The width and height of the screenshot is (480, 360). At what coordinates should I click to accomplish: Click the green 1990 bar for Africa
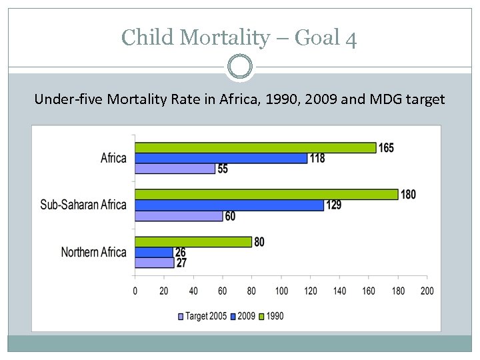(x=255, y=148)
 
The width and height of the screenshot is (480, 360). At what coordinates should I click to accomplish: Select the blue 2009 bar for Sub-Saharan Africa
(x=229, y=205)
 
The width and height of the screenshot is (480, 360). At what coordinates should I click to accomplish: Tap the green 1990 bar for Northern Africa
(x=193, y=242)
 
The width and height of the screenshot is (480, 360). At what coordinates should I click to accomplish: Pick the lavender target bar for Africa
(x=175, y=169)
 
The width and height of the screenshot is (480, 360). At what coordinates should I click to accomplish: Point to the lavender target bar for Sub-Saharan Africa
(x=179, y=216)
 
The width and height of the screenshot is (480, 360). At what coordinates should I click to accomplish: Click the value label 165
(x=386, y=148)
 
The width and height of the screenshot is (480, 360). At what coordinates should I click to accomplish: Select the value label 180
(x=408, y=195)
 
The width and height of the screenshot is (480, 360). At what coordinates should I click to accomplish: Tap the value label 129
(x=333, y=205)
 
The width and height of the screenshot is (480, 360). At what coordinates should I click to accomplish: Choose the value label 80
(x=259, y=242)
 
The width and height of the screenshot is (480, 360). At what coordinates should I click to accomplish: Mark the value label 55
(x=223, y=169)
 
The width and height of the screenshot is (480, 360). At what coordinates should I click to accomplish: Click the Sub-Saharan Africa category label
(x=83, y=205)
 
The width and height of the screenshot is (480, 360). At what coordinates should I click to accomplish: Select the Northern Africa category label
(x=93, y=252)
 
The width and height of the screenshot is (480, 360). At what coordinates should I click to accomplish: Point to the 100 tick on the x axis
(x=281, y=291)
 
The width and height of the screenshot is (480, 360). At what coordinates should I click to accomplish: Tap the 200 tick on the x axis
(x=427, y=291)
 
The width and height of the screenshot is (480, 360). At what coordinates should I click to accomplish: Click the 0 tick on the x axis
(x=135, y=291)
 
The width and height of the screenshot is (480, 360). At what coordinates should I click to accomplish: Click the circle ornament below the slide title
(x=240, y=67)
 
